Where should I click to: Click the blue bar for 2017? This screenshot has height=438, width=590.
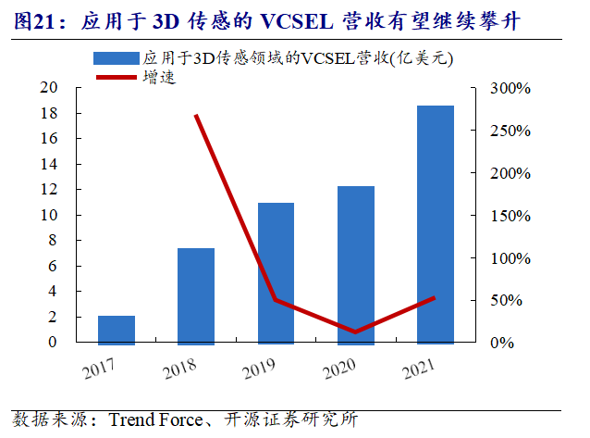117,330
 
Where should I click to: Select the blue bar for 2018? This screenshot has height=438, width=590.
196,295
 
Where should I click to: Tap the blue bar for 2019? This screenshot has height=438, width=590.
276,273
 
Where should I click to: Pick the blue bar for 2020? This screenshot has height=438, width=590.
355,265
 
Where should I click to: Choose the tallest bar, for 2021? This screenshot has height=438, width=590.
435,225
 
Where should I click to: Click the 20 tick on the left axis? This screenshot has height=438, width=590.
74,88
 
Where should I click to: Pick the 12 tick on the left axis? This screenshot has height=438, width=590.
74,190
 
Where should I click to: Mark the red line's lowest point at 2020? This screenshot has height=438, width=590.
355,332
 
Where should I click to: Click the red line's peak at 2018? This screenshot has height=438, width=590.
196,116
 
